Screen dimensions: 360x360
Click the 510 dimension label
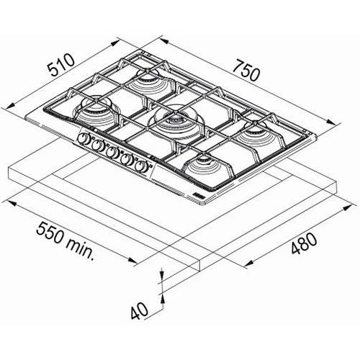(60, 64)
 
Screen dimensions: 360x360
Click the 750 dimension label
(246, 70)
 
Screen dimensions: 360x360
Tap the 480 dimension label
(304, 243)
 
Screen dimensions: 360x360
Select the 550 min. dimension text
(65, 241)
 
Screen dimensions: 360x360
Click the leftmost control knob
(83, 138)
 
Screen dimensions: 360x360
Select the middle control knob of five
(112, 153)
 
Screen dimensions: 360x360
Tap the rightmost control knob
(140, 166)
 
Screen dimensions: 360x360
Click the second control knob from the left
(97, 145)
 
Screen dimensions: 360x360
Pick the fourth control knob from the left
(126, 159)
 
